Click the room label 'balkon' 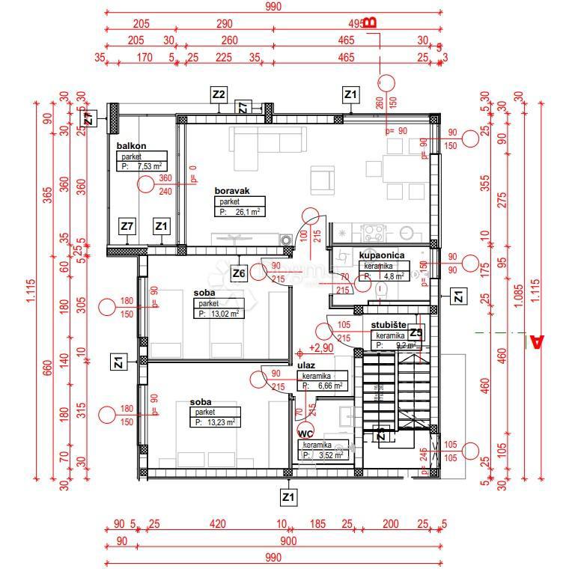130,145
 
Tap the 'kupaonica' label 382,255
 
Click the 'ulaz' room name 305,365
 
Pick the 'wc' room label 306,433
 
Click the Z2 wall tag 219,95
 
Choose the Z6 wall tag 238,273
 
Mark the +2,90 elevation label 320,349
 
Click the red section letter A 536,342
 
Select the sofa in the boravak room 268,140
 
